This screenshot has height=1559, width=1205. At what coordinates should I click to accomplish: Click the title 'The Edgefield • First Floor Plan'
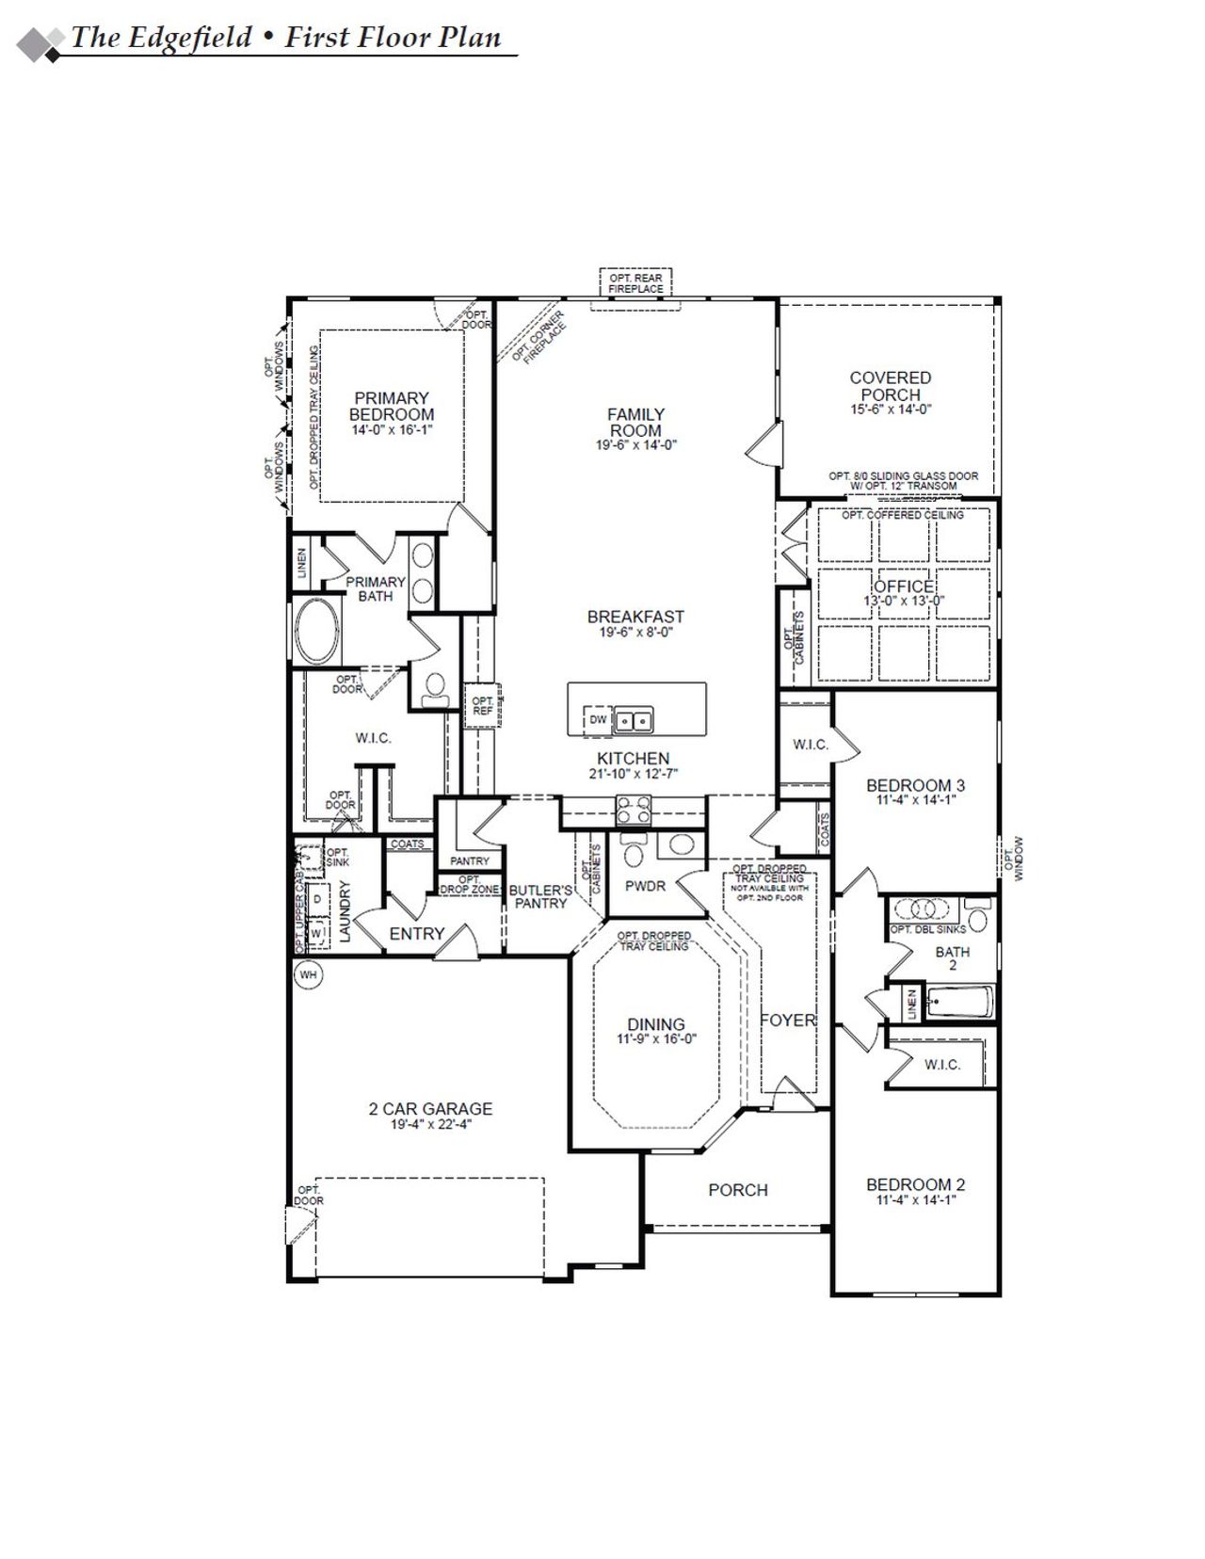pos(286,38)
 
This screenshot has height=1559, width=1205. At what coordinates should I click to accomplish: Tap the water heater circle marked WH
pos(308,975)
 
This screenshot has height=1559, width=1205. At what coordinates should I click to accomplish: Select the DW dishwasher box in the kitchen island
pos(598,720)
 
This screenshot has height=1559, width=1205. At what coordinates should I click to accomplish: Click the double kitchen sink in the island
pos(634,721)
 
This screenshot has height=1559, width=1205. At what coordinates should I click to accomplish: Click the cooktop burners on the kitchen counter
pos(634,809)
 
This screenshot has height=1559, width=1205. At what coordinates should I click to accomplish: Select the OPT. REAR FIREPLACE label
pos(635,283)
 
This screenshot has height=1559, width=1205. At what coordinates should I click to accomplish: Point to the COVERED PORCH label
pos(890,386)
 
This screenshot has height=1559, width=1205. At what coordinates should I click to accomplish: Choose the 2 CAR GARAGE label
pos(430,1109)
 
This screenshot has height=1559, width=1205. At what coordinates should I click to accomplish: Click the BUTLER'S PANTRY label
pos(540,896)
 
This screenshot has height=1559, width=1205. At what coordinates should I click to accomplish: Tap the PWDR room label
pos(645,886)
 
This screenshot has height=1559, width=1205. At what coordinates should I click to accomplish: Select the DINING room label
pos(656,1024)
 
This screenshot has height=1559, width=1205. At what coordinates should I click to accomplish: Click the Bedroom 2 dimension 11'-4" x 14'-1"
pos(916,1200)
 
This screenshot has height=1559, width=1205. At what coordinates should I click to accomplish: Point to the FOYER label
pos(788,1020)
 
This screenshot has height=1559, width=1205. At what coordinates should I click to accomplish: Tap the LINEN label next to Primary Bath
pos(301,563)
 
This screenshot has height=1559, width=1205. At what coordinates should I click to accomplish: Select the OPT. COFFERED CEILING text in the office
pos(903,515)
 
